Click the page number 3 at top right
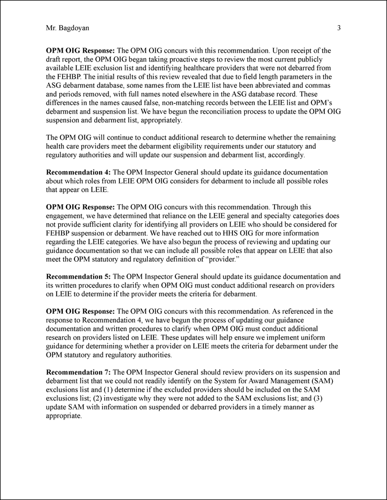[339, 27]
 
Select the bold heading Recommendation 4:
[78, 172]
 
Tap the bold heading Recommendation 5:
[78, 276]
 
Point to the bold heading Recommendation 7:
[78, 372]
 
